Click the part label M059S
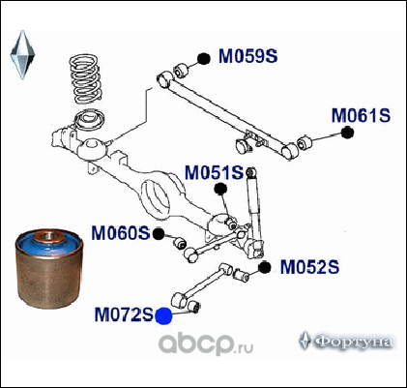click(247, 56)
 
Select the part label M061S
click(361, 115)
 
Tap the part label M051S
click(215, 173)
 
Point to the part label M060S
click(121, 233)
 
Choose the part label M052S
click(309, 267)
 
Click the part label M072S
click(124, 314)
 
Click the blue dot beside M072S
click(163, 316)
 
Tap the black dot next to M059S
click(204, 59)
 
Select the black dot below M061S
click(347, 133)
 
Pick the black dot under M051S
click(220, 189)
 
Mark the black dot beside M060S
click(159, 234)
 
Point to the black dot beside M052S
click(264, 267)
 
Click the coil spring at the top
click(85, 78)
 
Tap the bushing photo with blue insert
click(49, 269)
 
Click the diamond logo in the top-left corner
click(22, 55)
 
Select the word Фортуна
click(353, 343)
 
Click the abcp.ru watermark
click(206, 343)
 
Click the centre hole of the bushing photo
click(48, 235)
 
